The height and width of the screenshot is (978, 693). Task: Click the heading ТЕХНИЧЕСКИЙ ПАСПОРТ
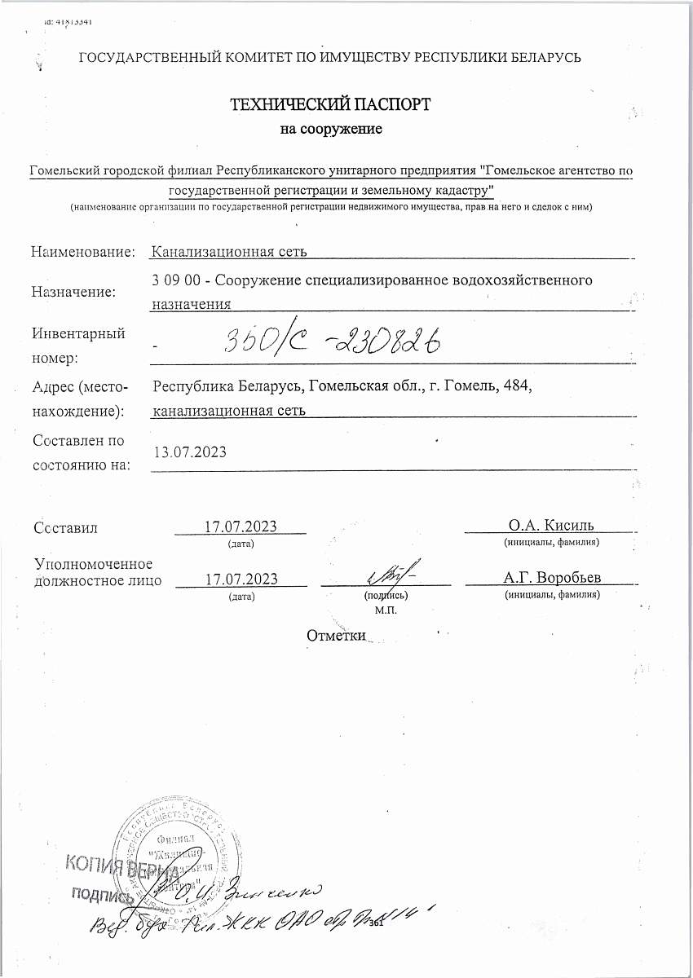(330, 104)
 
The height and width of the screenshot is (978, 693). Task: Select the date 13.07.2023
(190, 452)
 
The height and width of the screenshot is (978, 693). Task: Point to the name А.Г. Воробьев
(552, 578)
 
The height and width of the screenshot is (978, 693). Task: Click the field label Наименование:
(82, 252)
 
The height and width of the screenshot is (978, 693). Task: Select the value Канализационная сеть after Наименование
(230, 252)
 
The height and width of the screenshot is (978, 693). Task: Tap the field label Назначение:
(73, 291)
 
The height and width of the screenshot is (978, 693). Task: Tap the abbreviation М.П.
(386, 609)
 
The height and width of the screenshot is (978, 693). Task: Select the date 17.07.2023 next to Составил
(241, 525)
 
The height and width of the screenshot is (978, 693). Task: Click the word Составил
(66, 527)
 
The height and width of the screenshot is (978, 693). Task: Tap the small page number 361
(376, 924)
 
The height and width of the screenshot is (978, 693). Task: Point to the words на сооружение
(331, 129)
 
